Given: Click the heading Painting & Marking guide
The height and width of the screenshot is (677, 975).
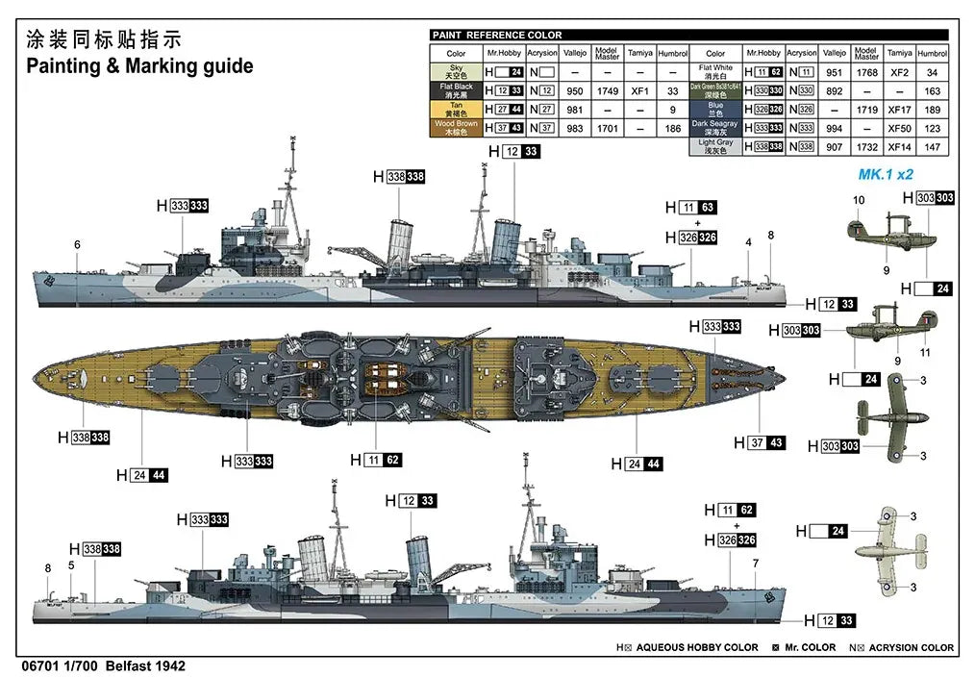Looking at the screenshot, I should [139, 66].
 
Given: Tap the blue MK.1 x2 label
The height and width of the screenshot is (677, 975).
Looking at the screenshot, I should [885, 175].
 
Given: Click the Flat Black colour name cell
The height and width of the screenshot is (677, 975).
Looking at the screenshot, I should [456, 90].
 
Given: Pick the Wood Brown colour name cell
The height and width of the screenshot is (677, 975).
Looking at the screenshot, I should [456, 128].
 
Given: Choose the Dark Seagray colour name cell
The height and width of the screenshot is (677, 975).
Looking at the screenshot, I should [715, 128].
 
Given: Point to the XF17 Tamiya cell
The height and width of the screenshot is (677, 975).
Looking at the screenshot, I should [899, 110].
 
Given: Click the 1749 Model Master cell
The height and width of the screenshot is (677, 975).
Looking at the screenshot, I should [607, 90].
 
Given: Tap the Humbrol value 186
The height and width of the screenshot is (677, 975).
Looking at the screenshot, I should [673, 128].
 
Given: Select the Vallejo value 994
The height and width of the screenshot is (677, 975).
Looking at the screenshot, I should [834, 128].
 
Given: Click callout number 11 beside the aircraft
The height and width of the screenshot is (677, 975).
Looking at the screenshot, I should [925, 353].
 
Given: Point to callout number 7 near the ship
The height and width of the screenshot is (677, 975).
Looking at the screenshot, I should [756, 564].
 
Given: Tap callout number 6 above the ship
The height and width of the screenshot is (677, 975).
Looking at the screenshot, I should [77, 244].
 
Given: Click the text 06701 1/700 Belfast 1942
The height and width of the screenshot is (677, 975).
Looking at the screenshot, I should [102, 665].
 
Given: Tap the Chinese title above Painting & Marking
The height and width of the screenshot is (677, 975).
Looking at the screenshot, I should [103, 39].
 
